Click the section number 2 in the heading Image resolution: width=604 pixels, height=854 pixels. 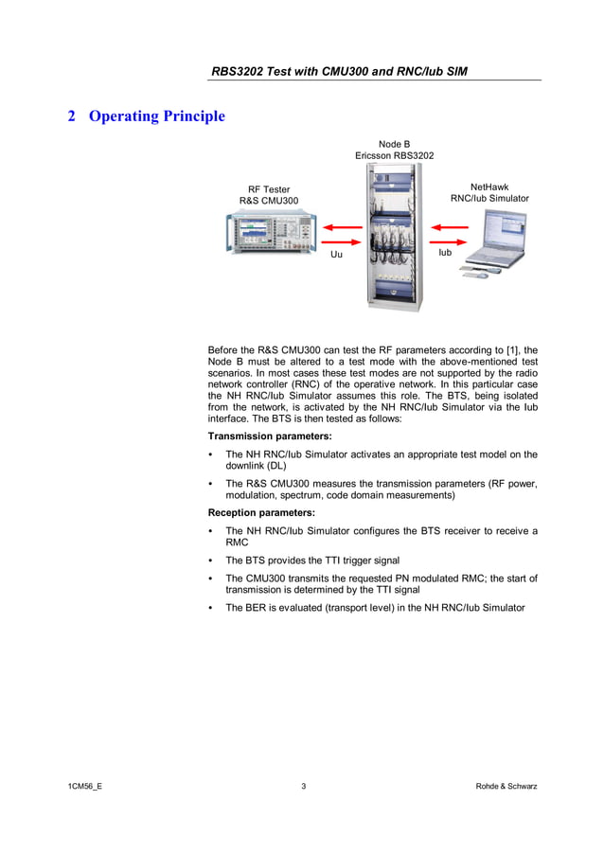[x=71, y=116]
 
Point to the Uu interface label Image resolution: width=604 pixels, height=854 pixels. [x=336, y=256]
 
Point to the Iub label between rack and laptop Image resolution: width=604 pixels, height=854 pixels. [x=445, y=254]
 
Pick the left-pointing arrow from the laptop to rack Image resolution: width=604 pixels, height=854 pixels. [x=453, y=227]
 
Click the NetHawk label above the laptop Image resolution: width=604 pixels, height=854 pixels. [x=489, y=187]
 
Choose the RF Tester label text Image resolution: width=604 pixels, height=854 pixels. [x=269, y=189]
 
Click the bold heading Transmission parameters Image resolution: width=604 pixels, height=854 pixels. [x=270, y=436]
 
